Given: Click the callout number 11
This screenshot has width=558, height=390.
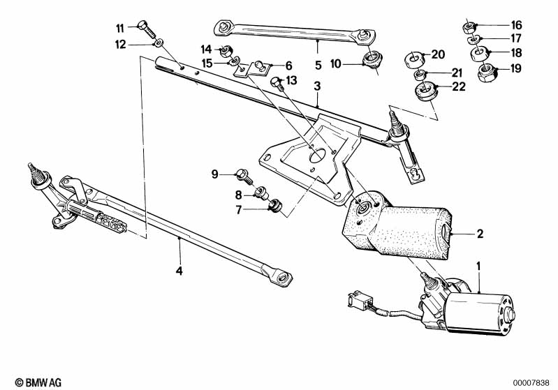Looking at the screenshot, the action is tap(120, 28).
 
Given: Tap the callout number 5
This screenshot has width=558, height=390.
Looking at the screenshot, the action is tap(318, 66).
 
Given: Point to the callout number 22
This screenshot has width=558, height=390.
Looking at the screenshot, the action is tap(459, 87).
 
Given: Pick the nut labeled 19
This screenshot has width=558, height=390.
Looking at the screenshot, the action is tap(487, 72).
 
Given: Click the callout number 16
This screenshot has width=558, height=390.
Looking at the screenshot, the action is tap(516, 25).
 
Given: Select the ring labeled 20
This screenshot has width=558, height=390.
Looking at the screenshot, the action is tap(415, 59).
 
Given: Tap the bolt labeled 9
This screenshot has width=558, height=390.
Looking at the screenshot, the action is tap(244, 176).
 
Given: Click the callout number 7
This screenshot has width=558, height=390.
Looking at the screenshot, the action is tap(238, 210).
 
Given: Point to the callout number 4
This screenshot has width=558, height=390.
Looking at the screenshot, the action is tap(179, 271).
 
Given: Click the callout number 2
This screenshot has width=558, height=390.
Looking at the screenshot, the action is tap(480, 234).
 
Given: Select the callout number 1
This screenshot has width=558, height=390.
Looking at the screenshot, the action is tap(478, 266).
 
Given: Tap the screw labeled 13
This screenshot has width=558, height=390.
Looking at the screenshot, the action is tap(277, 83).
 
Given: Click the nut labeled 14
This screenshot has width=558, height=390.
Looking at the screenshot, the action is tap(226, 52).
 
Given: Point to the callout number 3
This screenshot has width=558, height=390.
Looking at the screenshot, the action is tap(317, 86).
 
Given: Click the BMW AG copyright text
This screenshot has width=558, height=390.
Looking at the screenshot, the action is tap(38, 382).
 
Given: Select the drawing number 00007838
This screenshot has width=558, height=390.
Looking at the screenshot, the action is tap(531, 383).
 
